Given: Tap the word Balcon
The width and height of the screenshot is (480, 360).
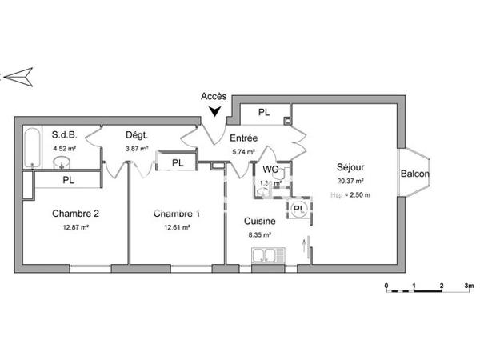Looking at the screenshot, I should coord(414,174).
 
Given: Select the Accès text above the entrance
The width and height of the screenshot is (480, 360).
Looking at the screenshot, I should coord(213,97).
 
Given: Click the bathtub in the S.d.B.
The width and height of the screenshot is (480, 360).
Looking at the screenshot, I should coord(32,147).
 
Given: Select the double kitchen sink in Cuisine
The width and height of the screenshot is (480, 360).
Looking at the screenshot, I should coord(264,257).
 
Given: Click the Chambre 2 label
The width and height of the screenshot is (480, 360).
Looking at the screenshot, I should coord(76,214).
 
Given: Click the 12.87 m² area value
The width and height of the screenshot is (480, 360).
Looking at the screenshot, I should coord(75,227).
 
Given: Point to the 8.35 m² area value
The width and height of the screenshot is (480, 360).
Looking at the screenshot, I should coord(260,235).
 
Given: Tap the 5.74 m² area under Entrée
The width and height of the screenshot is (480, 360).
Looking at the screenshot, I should coord(243,152).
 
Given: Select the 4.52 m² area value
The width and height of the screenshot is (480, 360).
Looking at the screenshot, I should coord(63,148).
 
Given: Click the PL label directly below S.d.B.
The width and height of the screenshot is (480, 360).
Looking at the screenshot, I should coord(68,181).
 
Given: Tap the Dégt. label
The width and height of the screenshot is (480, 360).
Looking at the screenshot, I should coord(136,134).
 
